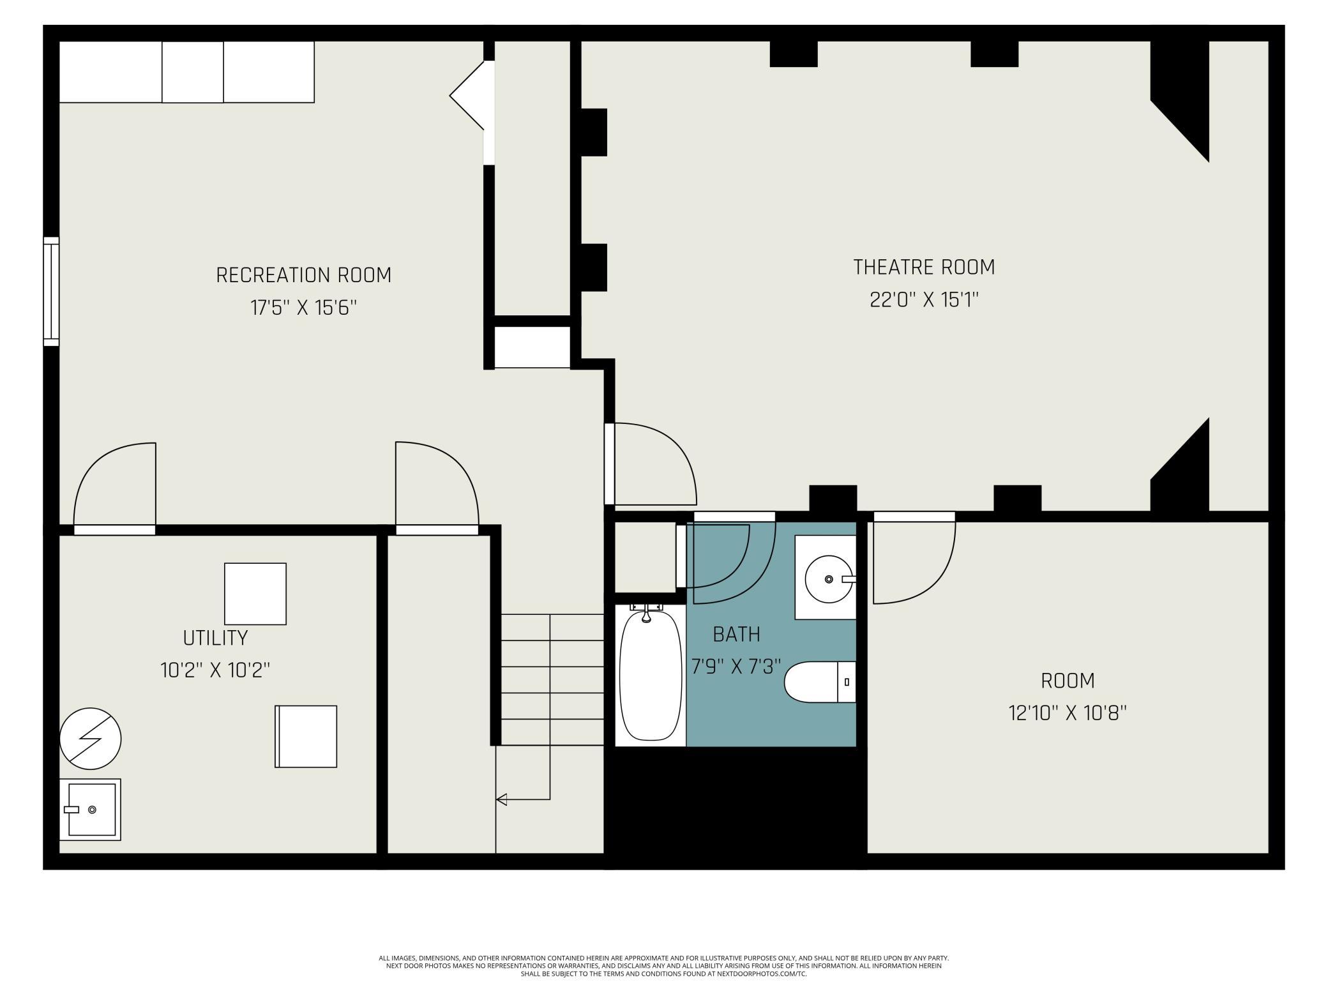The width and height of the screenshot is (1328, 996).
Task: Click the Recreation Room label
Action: point(304,275)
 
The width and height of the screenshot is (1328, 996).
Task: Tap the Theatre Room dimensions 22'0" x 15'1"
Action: point(924,299)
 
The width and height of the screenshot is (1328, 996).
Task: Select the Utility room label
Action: point(215,638)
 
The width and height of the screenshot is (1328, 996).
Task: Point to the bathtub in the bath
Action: point(651,675)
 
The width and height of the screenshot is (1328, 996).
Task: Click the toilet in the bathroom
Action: point(820,682)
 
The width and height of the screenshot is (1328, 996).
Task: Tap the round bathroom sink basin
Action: point(829,578)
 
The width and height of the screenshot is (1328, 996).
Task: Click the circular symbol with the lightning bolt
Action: point(90,739)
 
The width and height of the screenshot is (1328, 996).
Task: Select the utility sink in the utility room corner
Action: point(90,810)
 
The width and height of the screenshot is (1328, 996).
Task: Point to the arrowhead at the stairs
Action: point(501,799)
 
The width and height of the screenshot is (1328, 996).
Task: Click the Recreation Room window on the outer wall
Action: point(51,292)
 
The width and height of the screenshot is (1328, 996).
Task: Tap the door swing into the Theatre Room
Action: point(651,464)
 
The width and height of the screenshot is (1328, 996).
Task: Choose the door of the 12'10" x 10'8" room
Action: point(914,557)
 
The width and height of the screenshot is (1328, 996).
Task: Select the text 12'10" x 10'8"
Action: point(1068,713)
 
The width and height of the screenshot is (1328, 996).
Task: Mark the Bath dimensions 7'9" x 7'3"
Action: point(736,667)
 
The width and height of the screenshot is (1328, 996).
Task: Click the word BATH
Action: point(736,635)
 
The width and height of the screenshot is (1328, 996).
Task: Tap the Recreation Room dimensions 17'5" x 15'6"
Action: point(303,308)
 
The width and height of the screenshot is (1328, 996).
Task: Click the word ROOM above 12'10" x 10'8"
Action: point(1068,681)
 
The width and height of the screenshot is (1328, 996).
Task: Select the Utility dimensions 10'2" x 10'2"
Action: point(215,670)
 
